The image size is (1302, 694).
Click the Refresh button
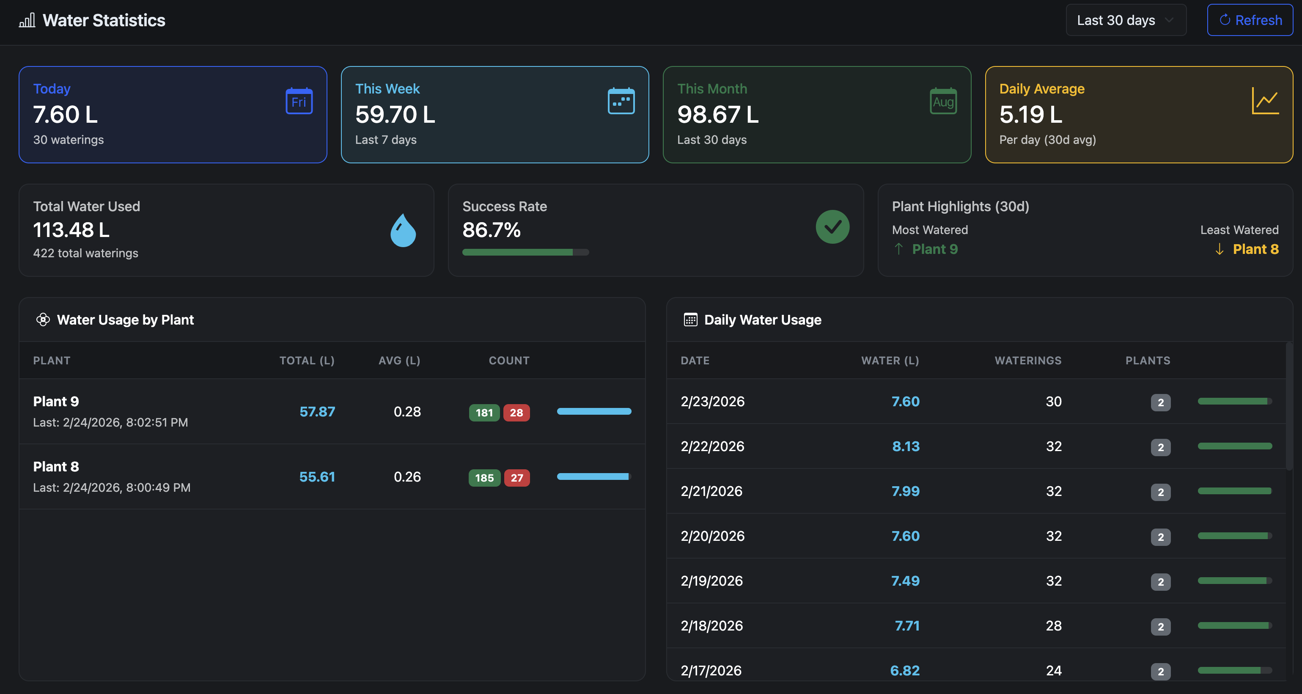click(1250, 20)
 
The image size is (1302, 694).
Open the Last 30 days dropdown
click(1125, 20)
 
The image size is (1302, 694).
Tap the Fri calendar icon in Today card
click(299, 101)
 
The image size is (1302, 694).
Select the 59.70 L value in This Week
click(395, 114)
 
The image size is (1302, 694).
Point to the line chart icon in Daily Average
click(1265, 101)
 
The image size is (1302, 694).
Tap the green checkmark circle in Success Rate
click(832, 227)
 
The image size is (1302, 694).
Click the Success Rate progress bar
click(525, 252)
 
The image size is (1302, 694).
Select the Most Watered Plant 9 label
click(934, 249)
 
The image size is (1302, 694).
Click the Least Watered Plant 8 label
click(1255, 249)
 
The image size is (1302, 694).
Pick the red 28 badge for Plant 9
click(516, 413)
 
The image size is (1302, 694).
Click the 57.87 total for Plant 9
click(317, 411)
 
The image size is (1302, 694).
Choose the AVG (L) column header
click(399, 361)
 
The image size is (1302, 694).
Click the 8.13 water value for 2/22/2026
click(905, 446)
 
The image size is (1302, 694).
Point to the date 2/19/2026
click(711, 581)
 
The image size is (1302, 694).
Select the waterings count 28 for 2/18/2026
click(1053, 626)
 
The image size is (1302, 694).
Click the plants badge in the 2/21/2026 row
click(1160, 492)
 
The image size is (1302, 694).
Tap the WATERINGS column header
click(1027, 361)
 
